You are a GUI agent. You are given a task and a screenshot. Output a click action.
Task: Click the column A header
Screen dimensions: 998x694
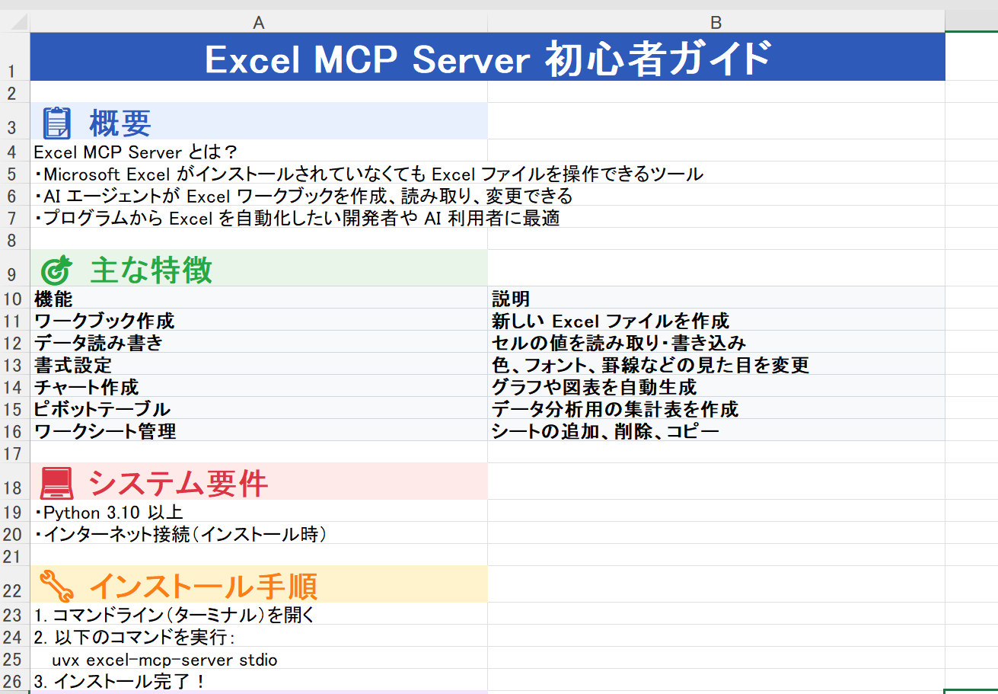coord(259,22)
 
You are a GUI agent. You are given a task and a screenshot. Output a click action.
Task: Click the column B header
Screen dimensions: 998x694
coord(716,22)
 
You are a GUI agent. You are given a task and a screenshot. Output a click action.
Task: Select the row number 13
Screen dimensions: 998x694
coord(12,366)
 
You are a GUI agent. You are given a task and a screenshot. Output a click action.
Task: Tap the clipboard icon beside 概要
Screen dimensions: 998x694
coord(56,123)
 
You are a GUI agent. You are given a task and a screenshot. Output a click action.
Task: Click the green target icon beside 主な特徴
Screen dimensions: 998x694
coord(56,270)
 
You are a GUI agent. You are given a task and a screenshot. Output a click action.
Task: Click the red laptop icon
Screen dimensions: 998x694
coord(56,483)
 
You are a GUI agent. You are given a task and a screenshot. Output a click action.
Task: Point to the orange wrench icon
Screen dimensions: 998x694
coord(56,586)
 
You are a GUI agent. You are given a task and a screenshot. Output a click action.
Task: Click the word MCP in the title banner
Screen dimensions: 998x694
coord(355,59)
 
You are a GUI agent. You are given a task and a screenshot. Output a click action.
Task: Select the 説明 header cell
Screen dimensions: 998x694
coord(716,298)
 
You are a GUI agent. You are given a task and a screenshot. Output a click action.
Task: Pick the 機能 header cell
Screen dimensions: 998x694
coord(259,298)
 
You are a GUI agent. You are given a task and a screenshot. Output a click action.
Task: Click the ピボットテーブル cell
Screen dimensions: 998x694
coord(259,409)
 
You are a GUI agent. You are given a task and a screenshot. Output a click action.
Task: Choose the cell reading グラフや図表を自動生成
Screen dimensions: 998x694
coord(716,386)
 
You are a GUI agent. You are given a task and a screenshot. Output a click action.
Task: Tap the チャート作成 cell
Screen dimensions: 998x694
coord(259,386)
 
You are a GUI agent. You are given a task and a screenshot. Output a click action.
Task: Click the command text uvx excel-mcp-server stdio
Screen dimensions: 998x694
coord(164,660)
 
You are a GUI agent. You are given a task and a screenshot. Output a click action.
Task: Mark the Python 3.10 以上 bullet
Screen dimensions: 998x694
coord(109,513)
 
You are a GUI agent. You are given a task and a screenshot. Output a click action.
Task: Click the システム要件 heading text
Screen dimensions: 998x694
coord(178,483)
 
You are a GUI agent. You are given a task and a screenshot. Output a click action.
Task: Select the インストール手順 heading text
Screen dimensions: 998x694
coord(203,586)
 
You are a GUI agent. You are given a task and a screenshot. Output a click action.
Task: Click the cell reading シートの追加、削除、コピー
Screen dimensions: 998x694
coord(716,430)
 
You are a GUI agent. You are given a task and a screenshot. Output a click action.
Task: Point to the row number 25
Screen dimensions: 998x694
coord(12,659)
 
